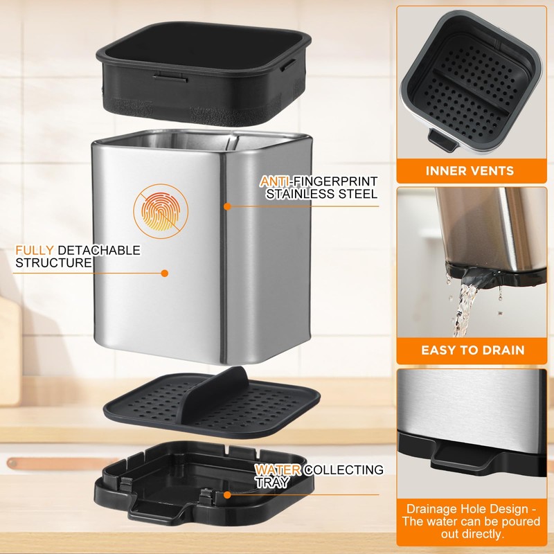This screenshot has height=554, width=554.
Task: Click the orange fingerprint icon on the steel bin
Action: (x=161, y=211)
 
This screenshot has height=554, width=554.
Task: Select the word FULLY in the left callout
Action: (x=34, y=250)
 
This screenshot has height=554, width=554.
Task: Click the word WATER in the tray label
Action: (x=278, y=470)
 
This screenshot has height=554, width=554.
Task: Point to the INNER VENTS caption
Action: (x=470, y=170)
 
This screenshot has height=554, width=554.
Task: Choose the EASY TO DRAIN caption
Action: (x=473, y=350)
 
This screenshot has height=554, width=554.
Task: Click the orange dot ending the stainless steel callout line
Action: (x=227, y=206)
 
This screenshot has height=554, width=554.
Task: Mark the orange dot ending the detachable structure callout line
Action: (x=164, y=273)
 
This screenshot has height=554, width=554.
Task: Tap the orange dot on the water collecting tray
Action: (x=227, y=495)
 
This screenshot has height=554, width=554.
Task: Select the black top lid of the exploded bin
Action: (x=204, y=73)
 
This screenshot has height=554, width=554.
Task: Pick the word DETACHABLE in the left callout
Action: (x=99, y=250)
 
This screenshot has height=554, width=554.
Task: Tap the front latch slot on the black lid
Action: (x=170, y=77)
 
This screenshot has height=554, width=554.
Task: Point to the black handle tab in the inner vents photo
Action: (x=442, y=141)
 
